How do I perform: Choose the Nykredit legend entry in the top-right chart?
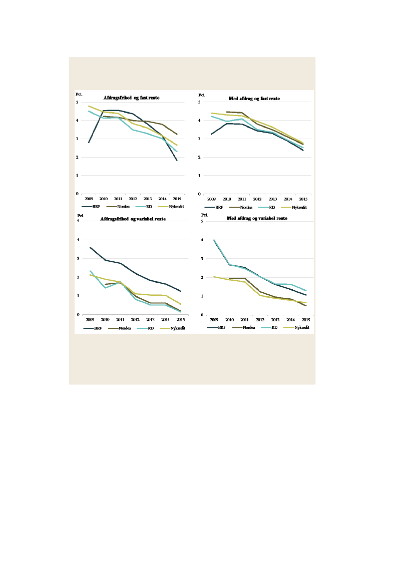(x=299, y=207)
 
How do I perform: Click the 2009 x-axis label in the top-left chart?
(x=89, y=199)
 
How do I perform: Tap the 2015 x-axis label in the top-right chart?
(x=303, y=199)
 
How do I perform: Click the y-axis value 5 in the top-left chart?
(x=78, y=102)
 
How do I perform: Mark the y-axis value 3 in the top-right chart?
(x=200, y=139)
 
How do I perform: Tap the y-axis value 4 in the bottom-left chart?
(x=78, y=240)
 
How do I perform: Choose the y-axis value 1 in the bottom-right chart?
(x=202, y=296)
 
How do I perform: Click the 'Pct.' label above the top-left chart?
(x=79, y=94)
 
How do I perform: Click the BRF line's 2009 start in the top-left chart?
(x=89, y=142)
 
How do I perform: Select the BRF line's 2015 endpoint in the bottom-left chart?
(x=181, y=291)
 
